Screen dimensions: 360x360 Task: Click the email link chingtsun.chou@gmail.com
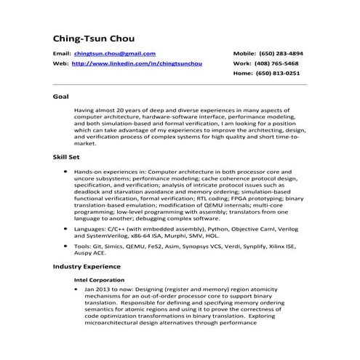coord(115,54)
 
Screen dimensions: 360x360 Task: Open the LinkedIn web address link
coord(137,64)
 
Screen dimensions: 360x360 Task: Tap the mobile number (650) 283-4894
coord(283,54)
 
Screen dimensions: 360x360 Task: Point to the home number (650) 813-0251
coord(283,73)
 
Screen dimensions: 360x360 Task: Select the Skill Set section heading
coord(65,156)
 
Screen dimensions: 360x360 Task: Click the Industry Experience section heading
coord(87,267)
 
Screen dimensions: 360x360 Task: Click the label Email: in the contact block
coord(63,54)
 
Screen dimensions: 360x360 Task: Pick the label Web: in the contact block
coord(61,64)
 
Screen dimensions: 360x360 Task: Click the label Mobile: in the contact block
coord(245,54)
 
